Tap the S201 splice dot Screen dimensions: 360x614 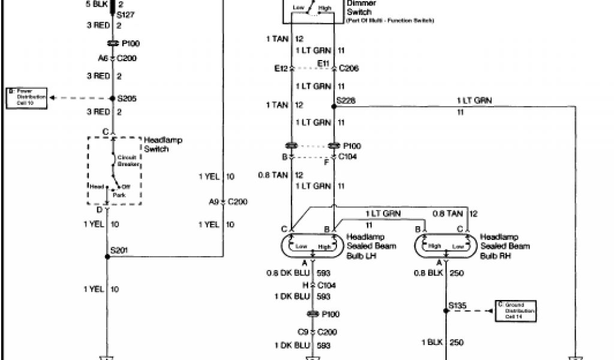tap(107, 257)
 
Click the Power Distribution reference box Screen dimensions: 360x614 tap(28, 98)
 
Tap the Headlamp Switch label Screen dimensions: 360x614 tap(162, 145)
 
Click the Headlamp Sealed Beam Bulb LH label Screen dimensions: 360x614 tap(371, 246)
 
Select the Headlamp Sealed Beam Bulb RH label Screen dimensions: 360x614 tap(505, 246)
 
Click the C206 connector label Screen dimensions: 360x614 tap(349, 69)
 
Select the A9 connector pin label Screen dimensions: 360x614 tap(214, 202)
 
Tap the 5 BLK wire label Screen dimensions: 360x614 tap(97, 4)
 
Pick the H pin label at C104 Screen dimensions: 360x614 tap(305, 285)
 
